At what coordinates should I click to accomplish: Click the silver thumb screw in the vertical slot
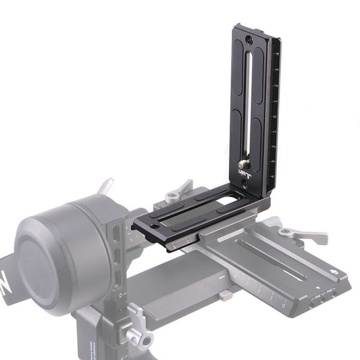(242, 165)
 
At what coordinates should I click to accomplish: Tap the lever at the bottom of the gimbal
(135, 317)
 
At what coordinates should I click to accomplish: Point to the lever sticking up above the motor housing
(105, 186)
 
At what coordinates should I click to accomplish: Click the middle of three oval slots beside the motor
(118, 258)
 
